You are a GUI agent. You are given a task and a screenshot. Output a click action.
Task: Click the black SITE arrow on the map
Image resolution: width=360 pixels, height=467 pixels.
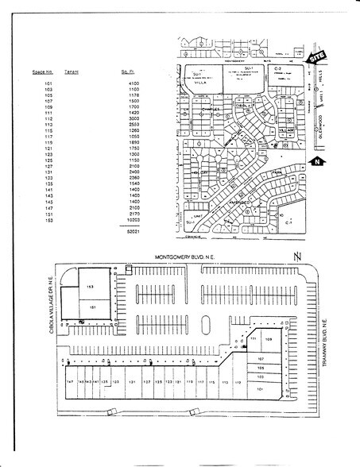click(x=319, y=56)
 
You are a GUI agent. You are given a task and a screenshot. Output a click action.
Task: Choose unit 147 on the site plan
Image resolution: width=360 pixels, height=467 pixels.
click(x=70, y=381)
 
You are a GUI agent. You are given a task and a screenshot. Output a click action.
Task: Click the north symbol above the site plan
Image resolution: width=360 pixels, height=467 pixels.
click(x=296, y=256)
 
